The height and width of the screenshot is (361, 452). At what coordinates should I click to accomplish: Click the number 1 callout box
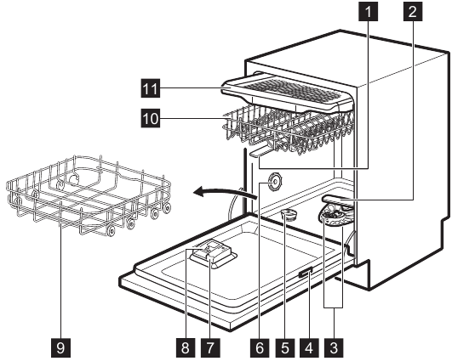tap(368, 12)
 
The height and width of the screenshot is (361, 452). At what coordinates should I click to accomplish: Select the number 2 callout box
tap(413, 12)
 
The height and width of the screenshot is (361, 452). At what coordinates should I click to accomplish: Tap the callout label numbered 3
tap(334, 348)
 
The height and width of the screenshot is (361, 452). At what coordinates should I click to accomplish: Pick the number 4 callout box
tap(309, 348)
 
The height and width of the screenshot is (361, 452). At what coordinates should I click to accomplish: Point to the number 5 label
tap(284, 348)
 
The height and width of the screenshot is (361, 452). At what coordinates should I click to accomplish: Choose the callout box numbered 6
tap(260, 348)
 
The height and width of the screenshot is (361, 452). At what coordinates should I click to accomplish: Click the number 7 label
tap(210, 348)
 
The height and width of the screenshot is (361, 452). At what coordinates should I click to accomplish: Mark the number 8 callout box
tap(186, 348)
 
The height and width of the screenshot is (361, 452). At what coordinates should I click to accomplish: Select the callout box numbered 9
tap(60, 348)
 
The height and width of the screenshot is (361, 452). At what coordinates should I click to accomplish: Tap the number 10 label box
tap(151, 118)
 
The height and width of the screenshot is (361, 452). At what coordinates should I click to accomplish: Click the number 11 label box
tap(151, 88)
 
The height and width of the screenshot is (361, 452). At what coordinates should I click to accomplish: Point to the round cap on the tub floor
tap(289, 215)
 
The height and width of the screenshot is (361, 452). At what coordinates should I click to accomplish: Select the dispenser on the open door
tap(213, 254)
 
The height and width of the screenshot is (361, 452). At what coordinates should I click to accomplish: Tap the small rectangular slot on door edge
tap(306, 273)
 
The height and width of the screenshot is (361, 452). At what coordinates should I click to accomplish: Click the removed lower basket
tap(89, 195)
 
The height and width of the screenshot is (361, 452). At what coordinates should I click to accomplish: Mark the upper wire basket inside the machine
tap(289, 129)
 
